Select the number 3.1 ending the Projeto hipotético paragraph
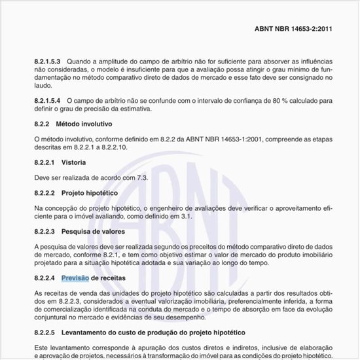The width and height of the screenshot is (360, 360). click(186, 216)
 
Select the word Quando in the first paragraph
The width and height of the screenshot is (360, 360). click(80, 60)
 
